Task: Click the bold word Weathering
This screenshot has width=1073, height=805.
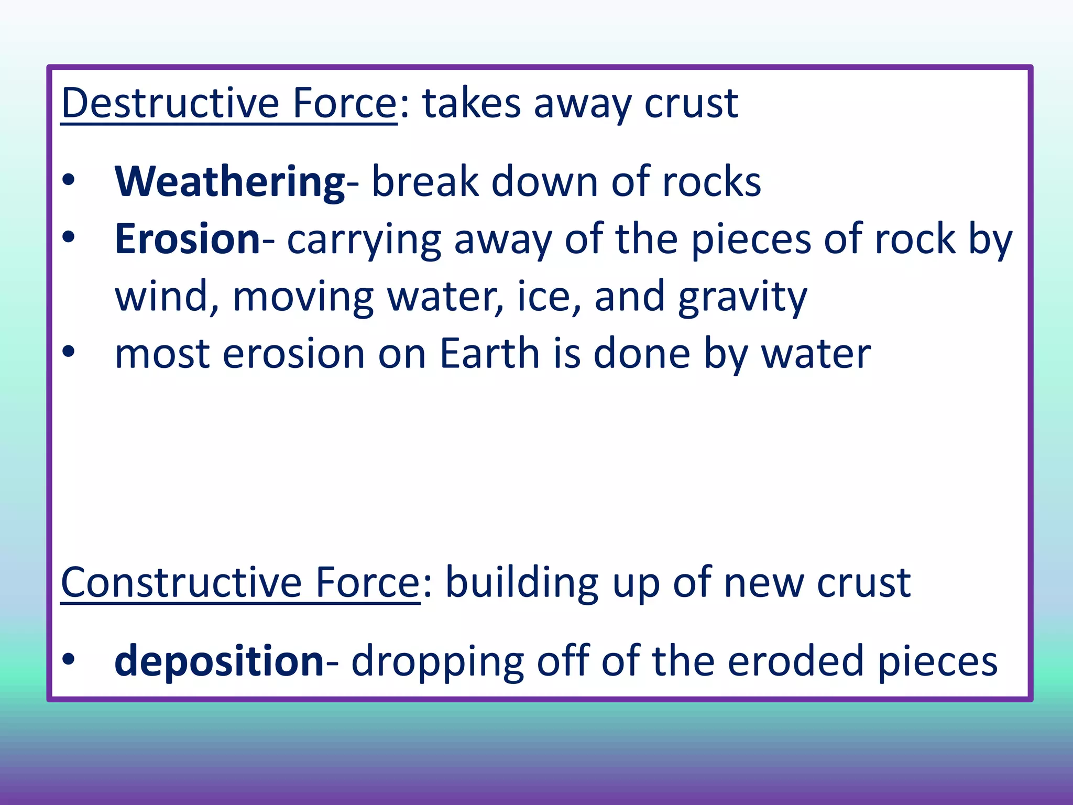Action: [x=229, y=182]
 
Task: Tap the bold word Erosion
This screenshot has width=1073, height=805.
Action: [x=187, y=240]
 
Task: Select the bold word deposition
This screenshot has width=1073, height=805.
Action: [x=219, y=661]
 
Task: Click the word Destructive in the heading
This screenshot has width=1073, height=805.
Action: [x=170, y=103]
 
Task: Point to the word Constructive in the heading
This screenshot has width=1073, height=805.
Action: [x=181, y=583]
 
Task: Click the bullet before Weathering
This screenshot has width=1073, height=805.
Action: [x=69, y=181]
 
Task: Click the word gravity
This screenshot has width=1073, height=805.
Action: [x=742, y=297]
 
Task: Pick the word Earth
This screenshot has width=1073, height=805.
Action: [x=489, y=354]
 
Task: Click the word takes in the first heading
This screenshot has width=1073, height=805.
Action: [x=472, y=103]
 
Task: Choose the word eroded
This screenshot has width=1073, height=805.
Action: [x=796, y=661]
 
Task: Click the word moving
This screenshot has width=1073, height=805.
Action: [x=303, y=297]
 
